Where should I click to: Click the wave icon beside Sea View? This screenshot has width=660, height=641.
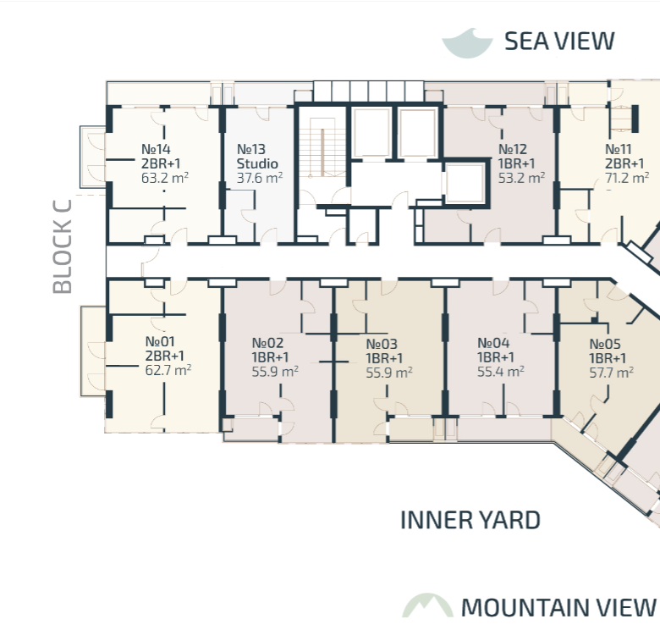pos(467,44)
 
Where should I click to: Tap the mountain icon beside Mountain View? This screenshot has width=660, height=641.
pos(427,605)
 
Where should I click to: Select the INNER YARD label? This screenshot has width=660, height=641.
pos(470,520)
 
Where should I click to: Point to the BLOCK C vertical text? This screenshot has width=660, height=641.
pos(63,246)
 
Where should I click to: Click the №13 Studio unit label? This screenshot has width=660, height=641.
pos(257,157)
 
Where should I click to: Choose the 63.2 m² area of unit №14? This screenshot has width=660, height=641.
pos(165,178)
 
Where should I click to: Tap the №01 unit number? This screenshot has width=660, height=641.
pos(160,341)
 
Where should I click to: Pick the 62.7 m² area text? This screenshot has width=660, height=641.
pos(168,370)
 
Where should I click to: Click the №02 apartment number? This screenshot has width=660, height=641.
pos(267,343)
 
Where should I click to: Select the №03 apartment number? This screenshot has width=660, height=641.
pos(382,344)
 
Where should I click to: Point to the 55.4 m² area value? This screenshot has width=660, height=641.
pos(500,372)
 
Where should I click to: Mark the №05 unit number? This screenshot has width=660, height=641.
pos(605,344)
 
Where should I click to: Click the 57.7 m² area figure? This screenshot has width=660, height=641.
pos(611,373)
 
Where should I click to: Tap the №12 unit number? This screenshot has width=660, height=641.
pos(513,149)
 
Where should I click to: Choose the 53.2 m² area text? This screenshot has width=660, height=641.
pos(521,178)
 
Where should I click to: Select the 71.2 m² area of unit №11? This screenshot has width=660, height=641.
pos(627,178)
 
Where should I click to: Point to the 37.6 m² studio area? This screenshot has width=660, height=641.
pos(259,178)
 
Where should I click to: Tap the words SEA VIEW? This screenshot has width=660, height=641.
pos(559,41)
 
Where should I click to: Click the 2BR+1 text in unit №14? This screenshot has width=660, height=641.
pos(161,163)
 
